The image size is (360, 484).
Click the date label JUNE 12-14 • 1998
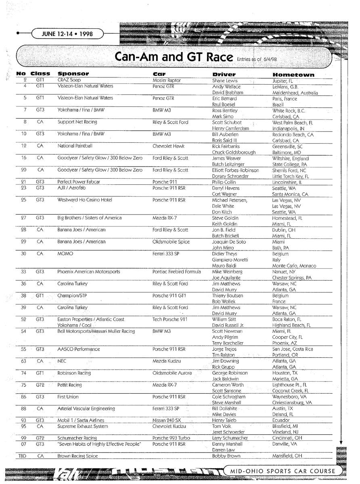(67, 34)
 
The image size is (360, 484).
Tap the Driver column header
(224, 74)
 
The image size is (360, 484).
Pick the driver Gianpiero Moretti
(230, 260)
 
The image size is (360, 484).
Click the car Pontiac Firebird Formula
(176, 272)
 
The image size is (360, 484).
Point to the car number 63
(24, 361)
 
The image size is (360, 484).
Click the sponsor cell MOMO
(65, 254)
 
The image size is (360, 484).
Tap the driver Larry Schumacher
(230, 438)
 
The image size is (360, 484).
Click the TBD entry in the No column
(24, 456)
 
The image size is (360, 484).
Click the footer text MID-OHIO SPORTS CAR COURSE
(283, 471)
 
